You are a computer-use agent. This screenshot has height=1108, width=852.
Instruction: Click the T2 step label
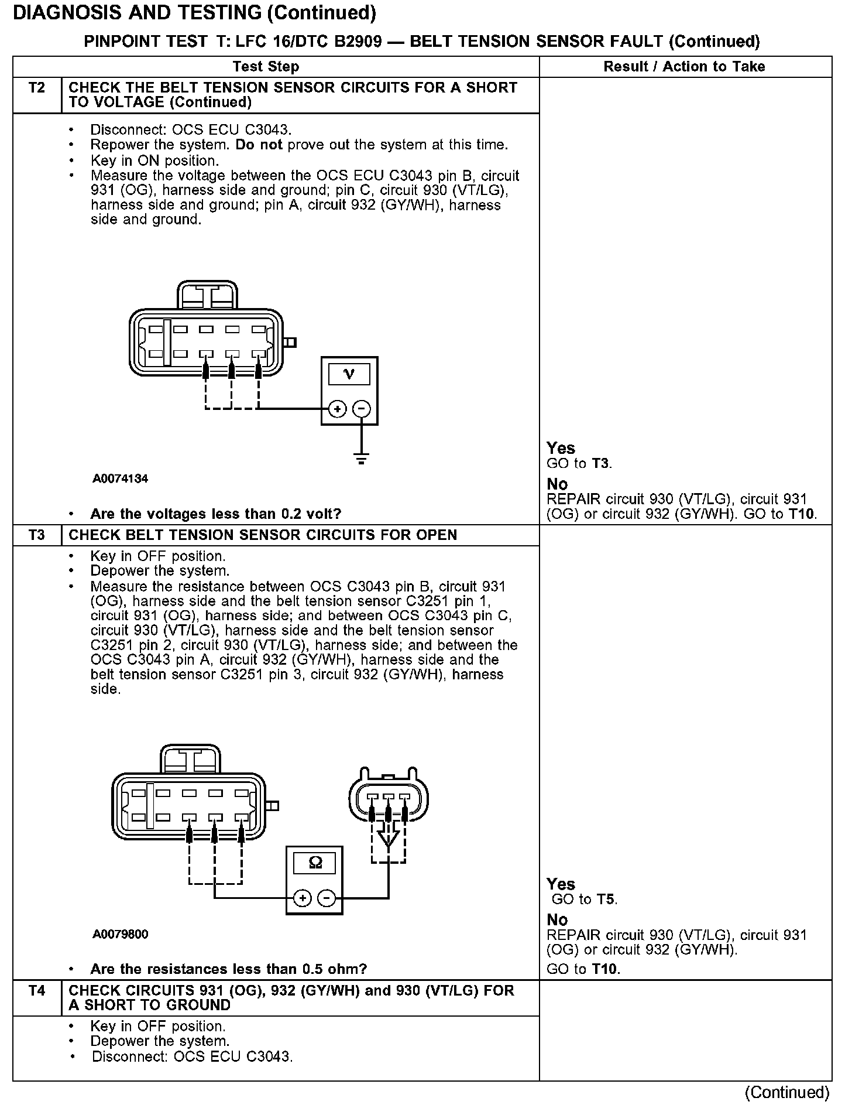point(36,88)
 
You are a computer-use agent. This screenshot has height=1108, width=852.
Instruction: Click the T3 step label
point(36,535)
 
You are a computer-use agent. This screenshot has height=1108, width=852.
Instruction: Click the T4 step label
point(36,990)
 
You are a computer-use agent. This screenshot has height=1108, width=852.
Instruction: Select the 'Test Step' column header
point(266,67)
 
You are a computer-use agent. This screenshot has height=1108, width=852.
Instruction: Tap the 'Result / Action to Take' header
point(684,67)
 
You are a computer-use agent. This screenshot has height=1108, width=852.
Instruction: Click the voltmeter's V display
point(349,374)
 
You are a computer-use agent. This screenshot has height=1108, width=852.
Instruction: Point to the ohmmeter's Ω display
point(315,863)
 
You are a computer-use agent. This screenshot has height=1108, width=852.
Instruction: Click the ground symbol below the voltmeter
point(362,459)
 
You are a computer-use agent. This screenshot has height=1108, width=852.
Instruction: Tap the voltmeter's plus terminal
point(337,409)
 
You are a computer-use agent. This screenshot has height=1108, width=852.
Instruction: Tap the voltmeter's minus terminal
point(362,409)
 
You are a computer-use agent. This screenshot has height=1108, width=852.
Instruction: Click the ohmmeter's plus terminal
point(302,898)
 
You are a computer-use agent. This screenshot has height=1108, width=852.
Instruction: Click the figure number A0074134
point(121,478)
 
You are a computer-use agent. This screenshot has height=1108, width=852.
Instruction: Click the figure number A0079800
point(121,934)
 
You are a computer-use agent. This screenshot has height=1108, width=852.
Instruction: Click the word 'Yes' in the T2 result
point(561,448)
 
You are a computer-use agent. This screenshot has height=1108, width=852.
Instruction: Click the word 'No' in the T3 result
point(557,920)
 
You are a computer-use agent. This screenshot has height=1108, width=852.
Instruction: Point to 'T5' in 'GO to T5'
point(606,899)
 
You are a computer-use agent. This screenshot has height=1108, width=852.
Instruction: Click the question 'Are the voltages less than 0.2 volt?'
point(215,514)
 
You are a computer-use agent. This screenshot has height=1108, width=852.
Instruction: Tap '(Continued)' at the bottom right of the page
point(787,1092)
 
